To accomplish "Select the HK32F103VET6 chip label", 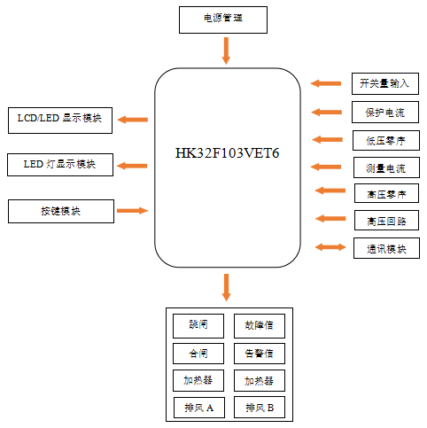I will click(x=228, y=153).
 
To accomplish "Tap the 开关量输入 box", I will click(x=384, y=83).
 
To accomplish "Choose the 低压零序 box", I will click(x=384, y=139).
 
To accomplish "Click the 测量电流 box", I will click(x=384, y=167).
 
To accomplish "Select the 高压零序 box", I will click(x=384, y=194).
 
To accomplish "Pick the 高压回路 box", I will click(x=384, y=220).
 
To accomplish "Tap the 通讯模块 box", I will click(x=384, y=248).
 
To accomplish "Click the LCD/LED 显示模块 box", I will click(x=60, y=120).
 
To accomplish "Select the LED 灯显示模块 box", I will click(x=60, y=165).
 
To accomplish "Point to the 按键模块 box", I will click(x=60, y=211).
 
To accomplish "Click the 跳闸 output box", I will click(x=198, y=325).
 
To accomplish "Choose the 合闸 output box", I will click(x=198, y=354).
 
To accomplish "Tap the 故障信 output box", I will click(x=259, y=325).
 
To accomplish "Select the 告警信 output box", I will click(x=259, y=354).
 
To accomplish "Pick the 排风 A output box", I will click(x=198, y=408).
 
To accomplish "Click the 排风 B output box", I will click(x=259, y=408).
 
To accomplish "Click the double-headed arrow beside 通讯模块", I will click(x=330, y=247).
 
